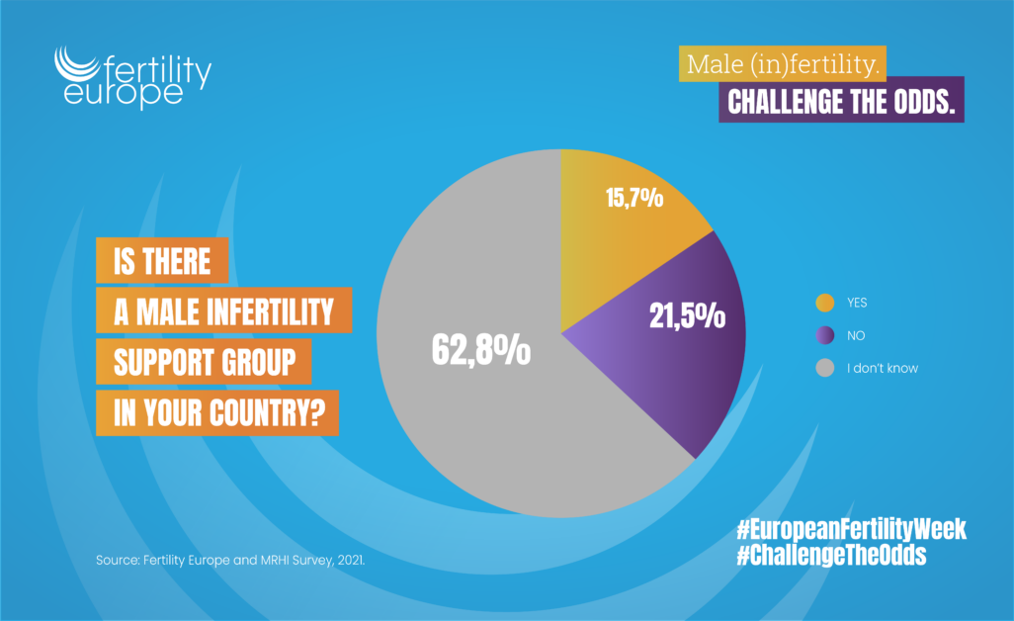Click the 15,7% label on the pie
[633, 199]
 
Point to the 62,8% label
[481, 350]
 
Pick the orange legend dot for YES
[823, 303]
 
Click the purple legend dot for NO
[823, 335]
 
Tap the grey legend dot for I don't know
[823, 368]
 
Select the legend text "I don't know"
[883, 368]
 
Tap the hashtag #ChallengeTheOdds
[831, 556]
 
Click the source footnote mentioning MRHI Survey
[231, 561]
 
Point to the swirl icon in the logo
[77, 67]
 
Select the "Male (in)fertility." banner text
[781, 65]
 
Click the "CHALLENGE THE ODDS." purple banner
[841, 103]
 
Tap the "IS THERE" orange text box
[163, 261]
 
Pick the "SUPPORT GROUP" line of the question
[205, 363]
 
